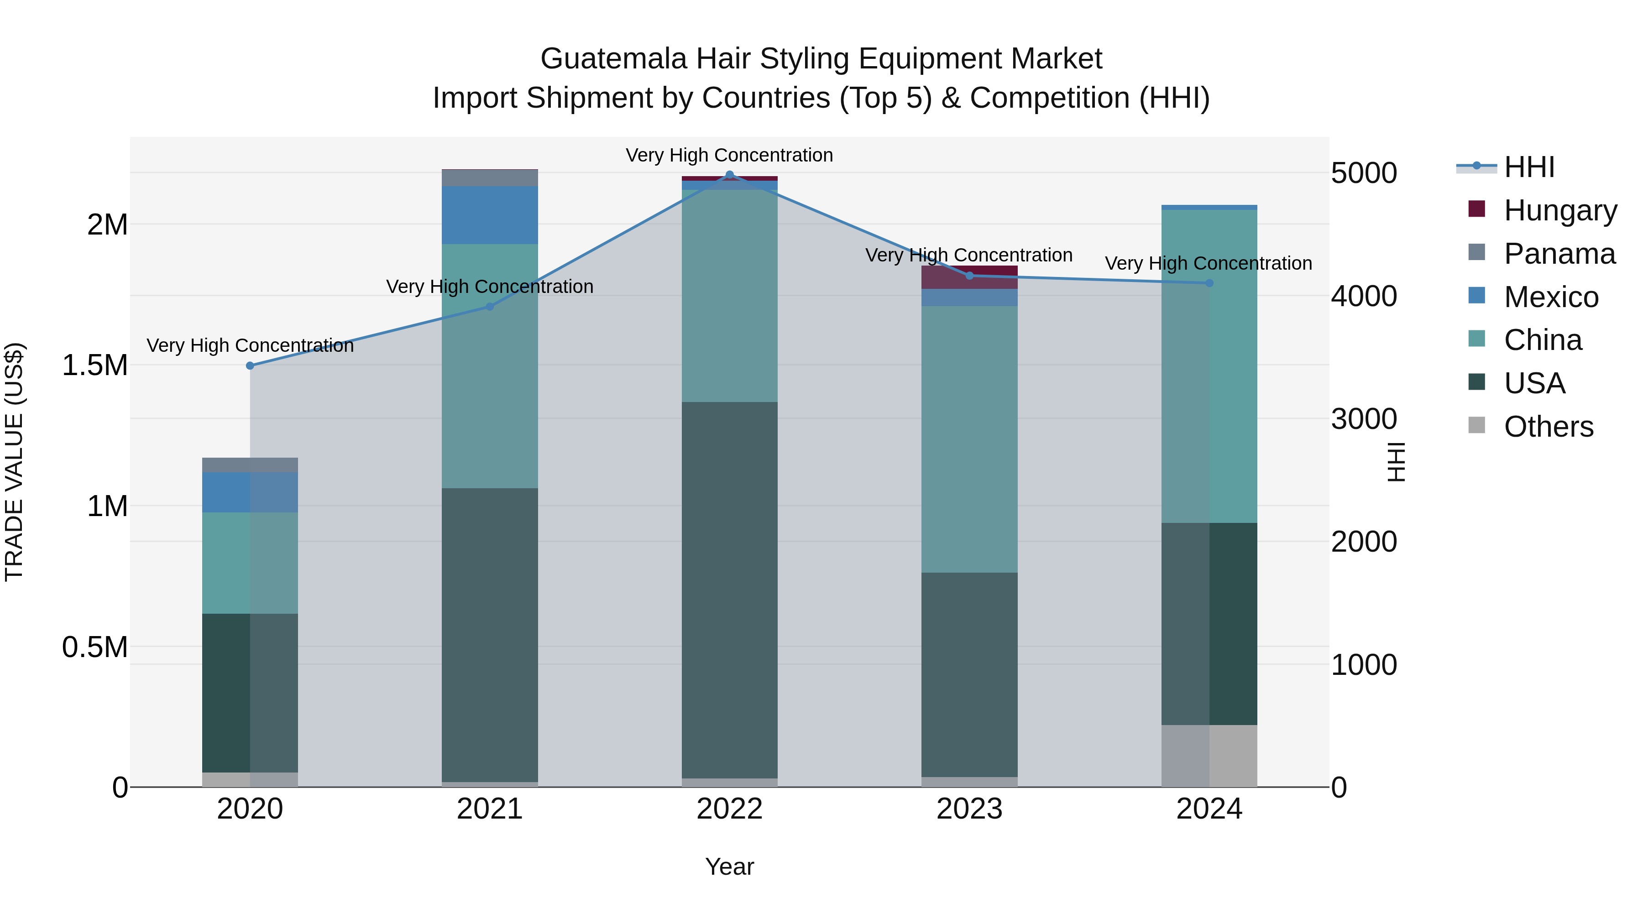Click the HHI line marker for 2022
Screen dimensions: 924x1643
(730, 175)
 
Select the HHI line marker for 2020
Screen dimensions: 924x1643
(250, 365)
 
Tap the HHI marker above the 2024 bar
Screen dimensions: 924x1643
(1209, 283)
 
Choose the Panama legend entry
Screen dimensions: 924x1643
(1559, 253)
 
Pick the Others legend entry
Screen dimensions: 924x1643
(1548, 426)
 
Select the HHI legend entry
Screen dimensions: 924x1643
(1529, 167)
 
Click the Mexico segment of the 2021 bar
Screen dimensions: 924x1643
(490, 215)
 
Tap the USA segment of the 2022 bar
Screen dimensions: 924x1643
(730, 590)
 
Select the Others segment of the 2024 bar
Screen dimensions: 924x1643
(1209, 756)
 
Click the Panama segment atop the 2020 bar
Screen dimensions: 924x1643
(250, 465)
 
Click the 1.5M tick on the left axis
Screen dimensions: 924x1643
(94, 365)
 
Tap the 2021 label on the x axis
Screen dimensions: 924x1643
(490, 809)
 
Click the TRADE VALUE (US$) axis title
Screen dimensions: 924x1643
(14, 462)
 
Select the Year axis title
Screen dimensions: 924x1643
(730, 867)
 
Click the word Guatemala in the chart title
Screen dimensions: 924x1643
(613, 59)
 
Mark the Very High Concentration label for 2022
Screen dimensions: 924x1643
(730, 155)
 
